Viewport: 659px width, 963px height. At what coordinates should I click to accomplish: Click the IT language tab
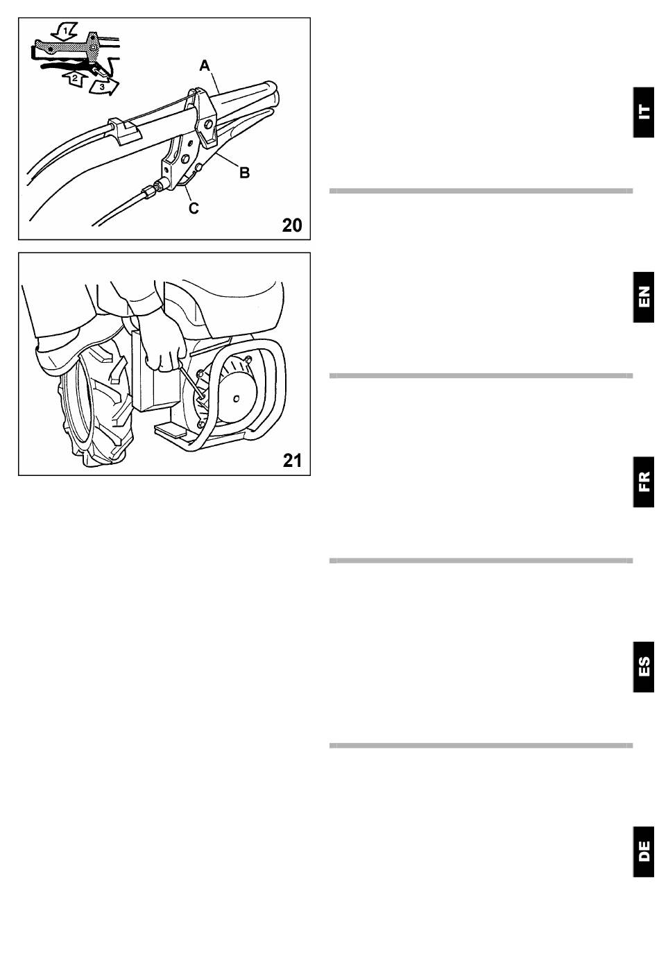tap(644, 112)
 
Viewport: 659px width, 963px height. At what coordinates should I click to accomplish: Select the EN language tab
tap(644, 297)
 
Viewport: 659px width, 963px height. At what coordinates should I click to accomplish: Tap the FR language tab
tap(644, 482)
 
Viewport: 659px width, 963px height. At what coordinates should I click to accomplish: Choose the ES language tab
tap(644, 667)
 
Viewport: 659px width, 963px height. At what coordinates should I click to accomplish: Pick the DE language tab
tap(644, 852)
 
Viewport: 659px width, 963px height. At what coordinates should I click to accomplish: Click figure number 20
tap(292, 225)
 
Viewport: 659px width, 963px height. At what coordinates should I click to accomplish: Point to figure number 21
tap(292, 461)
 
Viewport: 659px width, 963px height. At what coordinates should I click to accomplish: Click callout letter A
tap(205, 66)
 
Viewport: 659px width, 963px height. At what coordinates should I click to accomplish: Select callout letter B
tap(244, 173)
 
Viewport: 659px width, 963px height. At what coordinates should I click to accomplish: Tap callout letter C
tap(194, 208)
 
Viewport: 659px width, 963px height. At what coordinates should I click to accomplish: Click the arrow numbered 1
tap(65, 31)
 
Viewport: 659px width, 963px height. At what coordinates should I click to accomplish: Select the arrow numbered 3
tap(103, 87)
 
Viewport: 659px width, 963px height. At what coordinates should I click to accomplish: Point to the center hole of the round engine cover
tap(237, 399)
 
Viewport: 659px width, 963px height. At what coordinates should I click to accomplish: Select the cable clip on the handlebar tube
tap(123, 129)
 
